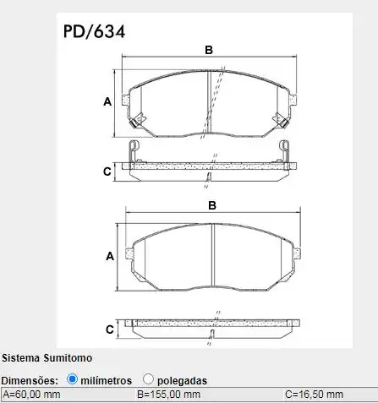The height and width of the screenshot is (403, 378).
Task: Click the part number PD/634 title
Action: [94, 31]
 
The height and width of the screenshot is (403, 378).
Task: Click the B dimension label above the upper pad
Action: [209, 50]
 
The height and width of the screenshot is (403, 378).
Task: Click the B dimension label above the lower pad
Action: [212, 205]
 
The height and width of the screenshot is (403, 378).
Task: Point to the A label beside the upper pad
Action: [107, 101]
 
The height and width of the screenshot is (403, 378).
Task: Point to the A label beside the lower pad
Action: [110, 256]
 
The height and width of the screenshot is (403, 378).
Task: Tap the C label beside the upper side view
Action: [107, 172]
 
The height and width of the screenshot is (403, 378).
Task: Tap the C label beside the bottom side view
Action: [110, 329]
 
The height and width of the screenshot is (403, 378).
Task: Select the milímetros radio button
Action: [72, 379]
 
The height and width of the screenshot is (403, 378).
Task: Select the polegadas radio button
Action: [148, 379]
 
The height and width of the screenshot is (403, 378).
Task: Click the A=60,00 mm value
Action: [31, 395]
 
